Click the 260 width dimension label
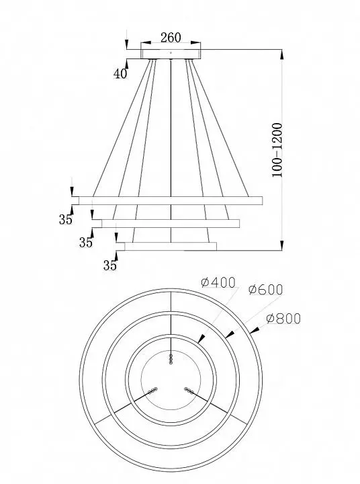(171, 38)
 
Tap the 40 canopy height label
(120, 73)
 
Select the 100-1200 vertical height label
(277, 150)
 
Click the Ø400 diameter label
(218, 282)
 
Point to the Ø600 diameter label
(265, 290)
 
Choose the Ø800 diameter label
(283, 319)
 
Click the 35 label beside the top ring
(65, 219)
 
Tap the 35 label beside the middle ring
(86, 243)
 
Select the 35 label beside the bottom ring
(110, 266)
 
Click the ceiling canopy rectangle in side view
(171, 54)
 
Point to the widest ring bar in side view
(171, 200)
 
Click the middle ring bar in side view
(171, 223)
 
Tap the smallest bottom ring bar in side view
(171, 246)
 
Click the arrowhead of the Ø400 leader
(201, 339)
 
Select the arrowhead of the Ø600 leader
(229, 334)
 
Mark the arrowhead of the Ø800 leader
(254, 330)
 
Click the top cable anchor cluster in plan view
(171, 359)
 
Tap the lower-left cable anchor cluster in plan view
(152, 391)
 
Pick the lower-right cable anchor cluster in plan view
(189, 391)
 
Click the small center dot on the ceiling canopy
(171, 53)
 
